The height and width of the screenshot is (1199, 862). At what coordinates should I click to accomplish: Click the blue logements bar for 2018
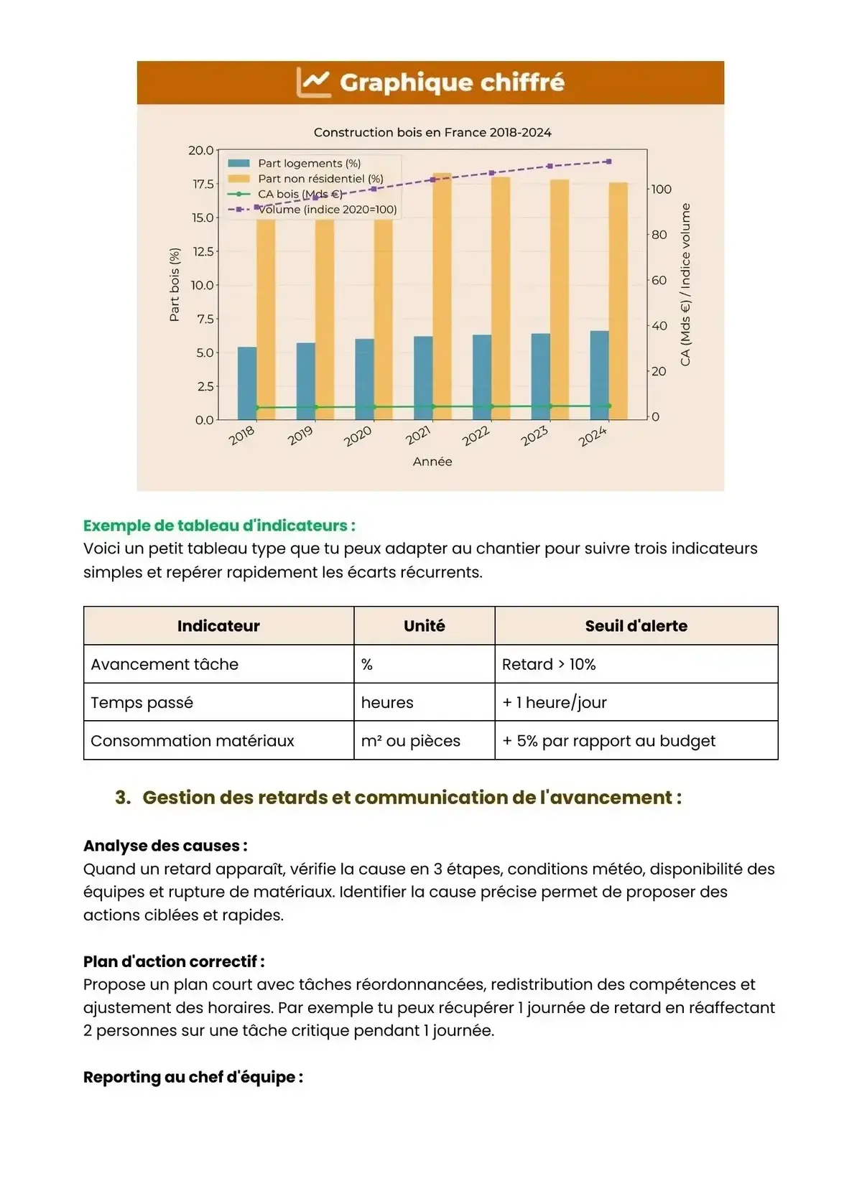click(246, 383)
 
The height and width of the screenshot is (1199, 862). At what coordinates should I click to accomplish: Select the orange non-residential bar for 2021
click(442, 294)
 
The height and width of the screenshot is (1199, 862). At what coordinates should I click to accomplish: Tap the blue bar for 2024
click(599, 375)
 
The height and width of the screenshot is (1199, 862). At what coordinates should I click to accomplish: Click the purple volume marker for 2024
click(609, 162)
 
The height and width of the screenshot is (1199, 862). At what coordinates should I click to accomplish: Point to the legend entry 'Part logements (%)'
click(309, 164)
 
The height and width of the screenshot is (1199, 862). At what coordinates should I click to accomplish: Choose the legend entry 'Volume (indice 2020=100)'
click(327, 210)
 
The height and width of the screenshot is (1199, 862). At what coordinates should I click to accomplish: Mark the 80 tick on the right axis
click(659, 235)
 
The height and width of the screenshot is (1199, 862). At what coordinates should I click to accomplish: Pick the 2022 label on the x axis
click(476, 436)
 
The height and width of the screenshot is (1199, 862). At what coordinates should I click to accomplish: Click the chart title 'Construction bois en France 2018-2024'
click(432, 133)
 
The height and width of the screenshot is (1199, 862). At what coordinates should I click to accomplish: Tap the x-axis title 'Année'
click(432, 462)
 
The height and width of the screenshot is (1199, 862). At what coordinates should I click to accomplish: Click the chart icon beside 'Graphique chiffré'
click(314, 83)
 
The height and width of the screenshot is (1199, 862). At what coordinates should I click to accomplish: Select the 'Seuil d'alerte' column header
click(636, 626)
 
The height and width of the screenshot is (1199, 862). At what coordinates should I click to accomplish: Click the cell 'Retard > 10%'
click(549, 665)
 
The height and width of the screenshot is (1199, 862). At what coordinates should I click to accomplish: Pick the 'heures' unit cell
click(387, 703)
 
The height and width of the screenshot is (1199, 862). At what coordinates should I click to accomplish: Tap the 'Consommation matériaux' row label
click(193, 741)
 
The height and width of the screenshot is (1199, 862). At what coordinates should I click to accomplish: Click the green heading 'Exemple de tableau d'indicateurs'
click(219, 526)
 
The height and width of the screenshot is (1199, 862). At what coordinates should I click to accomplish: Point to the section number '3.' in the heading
click(123, 798)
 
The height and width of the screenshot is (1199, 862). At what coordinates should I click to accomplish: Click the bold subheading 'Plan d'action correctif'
click(173, 961)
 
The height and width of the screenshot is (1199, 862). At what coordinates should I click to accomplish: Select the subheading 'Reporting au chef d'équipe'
click(193, 1077)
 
